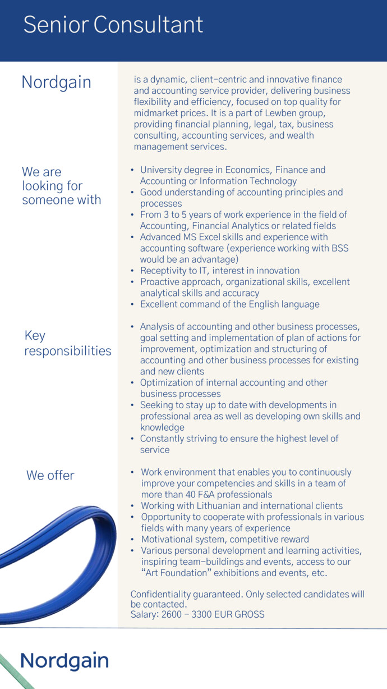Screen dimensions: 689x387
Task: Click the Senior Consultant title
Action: (113, 25)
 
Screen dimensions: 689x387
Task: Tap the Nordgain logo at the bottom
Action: (64, 660)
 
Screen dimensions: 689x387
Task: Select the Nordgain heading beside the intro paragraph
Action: (56, 82)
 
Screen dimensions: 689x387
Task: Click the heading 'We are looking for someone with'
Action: (61, 186)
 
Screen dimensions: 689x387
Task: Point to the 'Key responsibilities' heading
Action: (67, 343)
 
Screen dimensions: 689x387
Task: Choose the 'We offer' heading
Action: (50, 475)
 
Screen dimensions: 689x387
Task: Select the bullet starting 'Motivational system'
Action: (224, 540)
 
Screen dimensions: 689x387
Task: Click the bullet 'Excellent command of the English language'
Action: (229, 304)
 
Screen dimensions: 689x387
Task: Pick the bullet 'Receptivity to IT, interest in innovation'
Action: (219, 271)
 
